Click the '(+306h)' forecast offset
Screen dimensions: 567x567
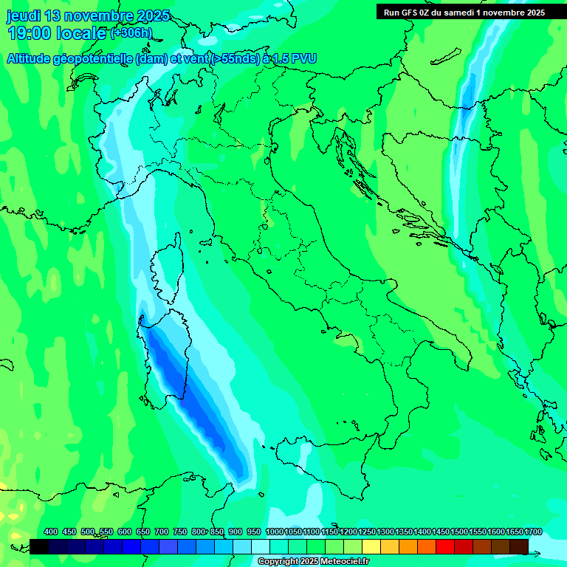[131, 33]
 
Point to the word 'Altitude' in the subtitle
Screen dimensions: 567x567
[32, 59]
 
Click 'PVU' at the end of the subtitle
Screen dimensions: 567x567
[304, 59]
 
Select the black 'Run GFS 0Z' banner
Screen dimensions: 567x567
[464, 12]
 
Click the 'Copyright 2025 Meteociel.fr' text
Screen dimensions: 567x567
[313, 562]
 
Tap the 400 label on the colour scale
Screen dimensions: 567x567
[51, 532]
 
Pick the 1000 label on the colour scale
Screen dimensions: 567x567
[275, 532]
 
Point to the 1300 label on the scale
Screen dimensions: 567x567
[385, 532]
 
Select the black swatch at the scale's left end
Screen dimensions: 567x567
[39, 546]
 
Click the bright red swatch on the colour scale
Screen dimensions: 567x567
[445, 546]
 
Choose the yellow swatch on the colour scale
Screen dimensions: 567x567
[371, 546]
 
